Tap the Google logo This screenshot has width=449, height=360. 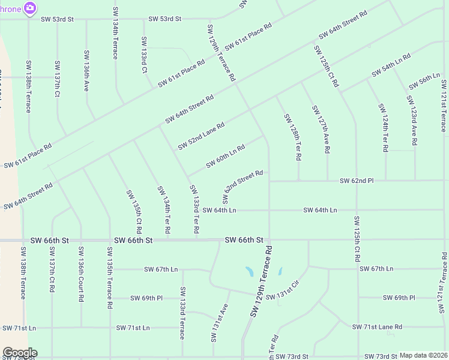[20, 353]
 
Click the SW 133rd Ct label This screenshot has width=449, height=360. [144, 55]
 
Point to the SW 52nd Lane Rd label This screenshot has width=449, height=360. [201, 136]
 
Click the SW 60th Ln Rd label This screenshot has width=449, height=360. [225, 156]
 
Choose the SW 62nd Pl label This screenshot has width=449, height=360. [357, 180]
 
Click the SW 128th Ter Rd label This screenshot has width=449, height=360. [292, 137]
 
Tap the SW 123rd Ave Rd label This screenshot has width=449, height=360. [412, 121]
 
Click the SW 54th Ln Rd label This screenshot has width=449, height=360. [391, 65]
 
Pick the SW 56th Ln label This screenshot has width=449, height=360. [424, 80]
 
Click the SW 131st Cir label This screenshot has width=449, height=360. [282, 291]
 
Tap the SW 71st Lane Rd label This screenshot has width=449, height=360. [378, 327]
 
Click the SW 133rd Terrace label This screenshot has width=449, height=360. [182, 313]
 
